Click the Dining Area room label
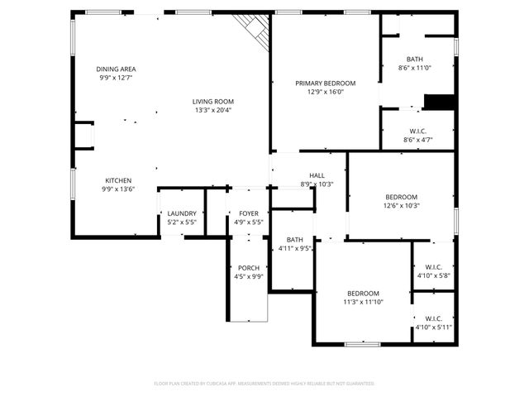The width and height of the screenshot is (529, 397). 116,69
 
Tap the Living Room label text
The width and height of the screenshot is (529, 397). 213,101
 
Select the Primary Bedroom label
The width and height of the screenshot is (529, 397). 326,84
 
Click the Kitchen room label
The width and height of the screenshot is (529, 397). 117,180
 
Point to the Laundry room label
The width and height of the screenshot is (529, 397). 181,213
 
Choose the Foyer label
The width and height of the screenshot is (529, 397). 248,213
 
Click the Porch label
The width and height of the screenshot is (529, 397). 249,268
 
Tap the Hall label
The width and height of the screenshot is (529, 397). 317,175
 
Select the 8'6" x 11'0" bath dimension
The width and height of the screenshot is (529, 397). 415,68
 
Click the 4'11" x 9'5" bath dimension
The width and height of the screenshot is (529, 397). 295,248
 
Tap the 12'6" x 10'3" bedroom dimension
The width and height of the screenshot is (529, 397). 401,205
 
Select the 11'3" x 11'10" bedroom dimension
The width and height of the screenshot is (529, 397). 363,303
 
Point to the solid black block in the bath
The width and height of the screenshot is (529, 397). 439,102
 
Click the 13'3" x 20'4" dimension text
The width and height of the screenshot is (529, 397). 213,110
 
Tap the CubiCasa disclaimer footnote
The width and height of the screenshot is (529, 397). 264,384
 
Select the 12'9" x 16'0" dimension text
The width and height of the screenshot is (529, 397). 326,93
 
